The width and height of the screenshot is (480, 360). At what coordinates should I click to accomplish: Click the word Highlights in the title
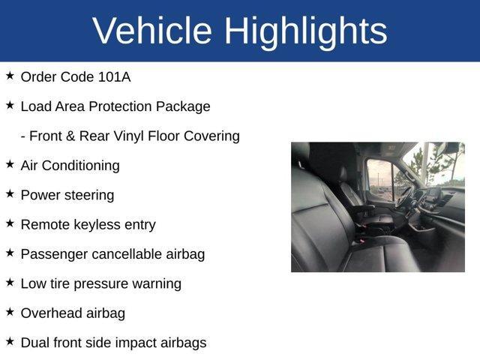point(305,31)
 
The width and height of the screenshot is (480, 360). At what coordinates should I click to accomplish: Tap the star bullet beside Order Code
point(10,76)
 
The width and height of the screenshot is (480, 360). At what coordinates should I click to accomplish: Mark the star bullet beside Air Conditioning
point(10,164)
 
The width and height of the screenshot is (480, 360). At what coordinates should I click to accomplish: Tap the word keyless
point(97,224)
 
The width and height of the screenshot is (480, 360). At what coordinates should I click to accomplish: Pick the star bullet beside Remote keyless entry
point(10,223)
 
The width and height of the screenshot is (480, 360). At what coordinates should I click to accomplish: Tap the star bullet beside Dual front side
point(10,342)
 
